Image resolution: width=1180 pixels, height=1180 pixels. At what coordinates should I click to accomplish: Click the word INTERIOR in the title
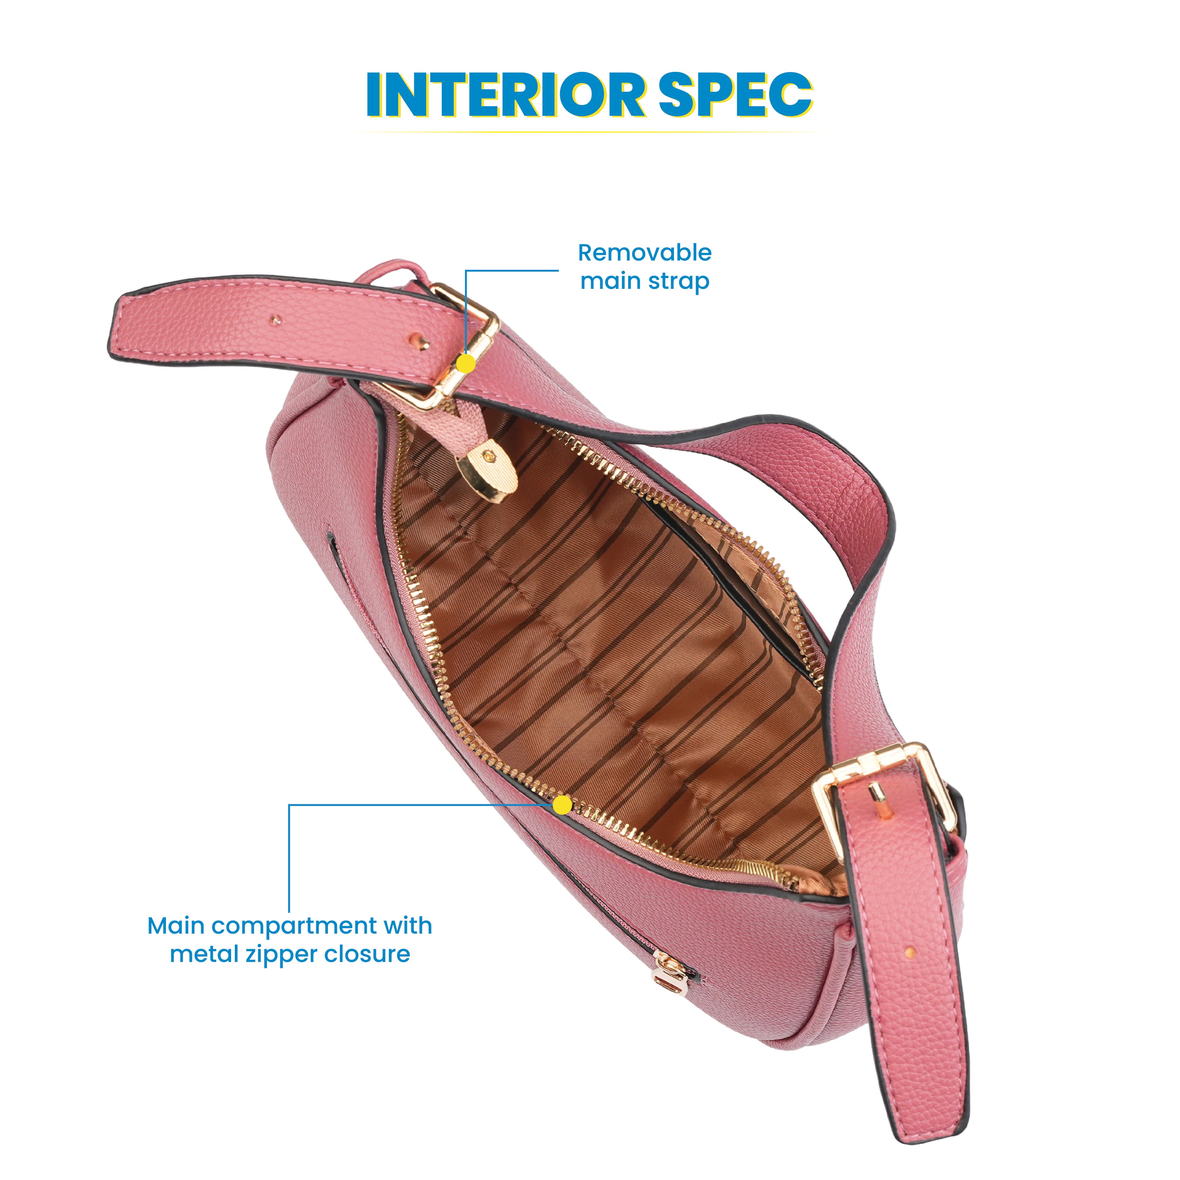coord(505,96)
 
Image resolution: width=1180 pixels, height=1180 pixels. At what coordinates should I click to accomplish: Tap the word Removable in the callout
coord(644,252)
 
